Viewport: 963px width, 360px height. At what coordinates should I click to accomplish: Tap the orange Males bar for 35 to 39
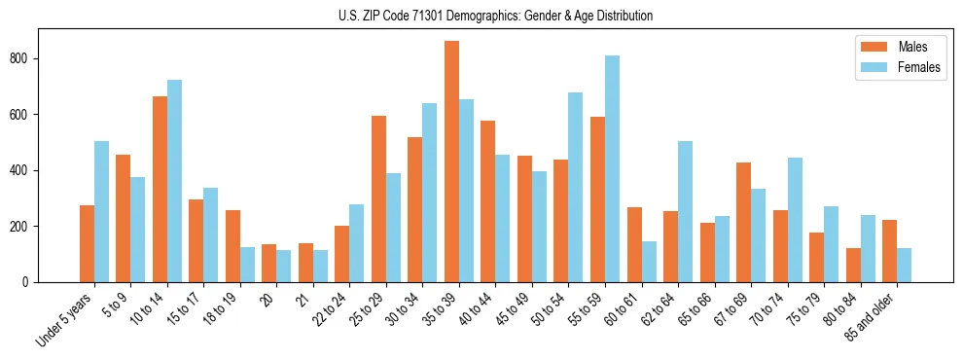click(451, 162)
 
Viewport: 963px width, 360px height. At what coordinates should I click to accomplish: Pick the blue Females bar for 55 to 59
click(612, 168)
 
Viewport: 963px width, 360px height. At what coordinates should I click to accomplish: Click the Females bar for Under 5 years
click(101, 211)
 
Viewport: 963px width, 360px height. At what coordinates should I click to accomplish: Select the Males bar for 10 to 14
click(160, 189)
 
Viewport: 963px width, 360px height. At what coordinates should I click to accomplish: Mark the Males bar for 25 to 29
click(378, 198)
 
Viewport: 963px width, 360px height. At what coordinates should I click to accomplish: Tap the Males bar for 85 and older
click(889, 250)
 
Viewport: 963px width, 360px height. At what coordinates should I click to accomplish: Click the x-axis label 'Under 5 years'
click(65, 319)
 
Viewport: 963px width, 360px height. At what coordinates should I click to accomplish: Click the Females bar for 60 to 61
click(649, 261)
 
